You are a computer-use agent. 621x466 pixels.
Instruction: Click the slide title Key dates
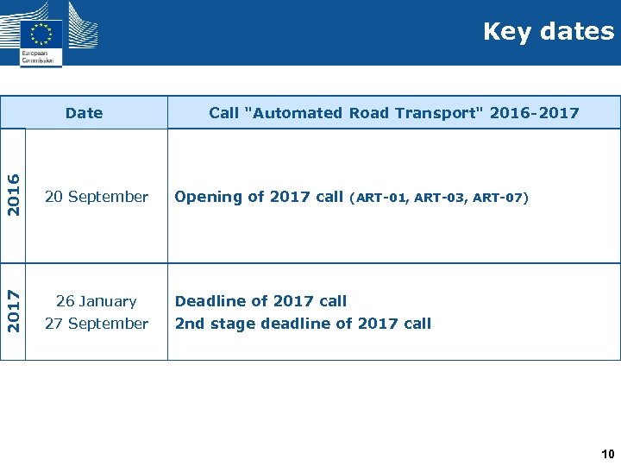pyautogui.click(x=549, y=32)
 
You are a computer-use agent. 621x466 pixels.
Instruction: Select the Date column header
pyautogui.click(x=84, y=113)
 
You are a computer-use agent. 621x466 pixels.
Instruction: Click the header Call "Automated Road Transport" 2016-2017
pyautogui.click(x=393, y=113)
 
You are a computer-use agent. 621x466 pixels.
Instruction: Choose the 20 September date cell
pyautogui.click(x=97, y=197)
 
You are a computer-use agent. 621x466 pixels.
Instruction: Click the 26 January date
pyautogui.click(x=97, y=301)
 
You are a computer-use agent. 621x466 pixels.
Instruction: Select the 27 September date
pyautogui.click(x=97, y=324)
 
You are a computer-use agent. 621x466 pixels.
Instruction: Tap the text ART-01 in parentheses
pyautogui.click(x=380, y=198)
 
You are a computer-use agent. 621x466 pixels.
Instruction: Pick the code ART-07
pyautogui.click(x=498, y=198)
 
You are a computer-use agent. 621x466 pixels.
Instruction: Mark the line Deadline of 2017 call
pyautogui.click(x=260, y=301)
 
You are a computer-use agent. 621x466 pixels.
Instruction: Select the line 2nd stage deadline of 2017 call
pyautogui.click(x=303, y=324)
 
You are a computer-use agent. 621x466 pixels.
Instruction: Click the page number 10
pyautogui.click(x=608, y=454)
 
